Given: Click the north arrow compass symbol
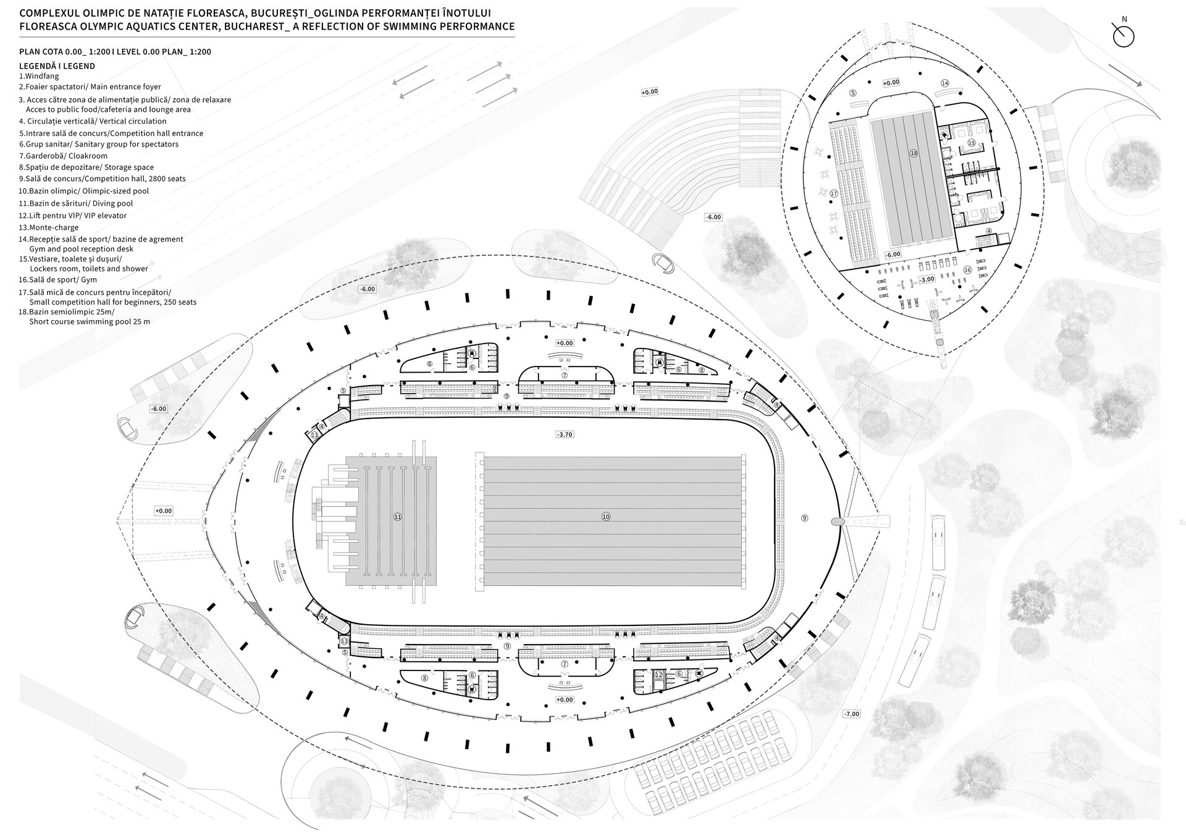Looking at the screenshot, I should pyautogui.click(x=1124, y=36).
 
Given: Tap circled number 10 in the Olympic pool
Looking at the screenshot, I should pyautogui.click(x=606, y=517).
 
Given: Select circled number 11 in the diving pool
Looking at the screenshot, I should pyautogui.click(x=398, y=517).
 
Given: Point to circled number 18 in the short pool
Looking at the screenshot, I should pyautogui.click(x=914, y=153).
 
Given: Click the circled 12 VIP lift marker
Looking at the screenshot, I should pyautogui.click(x=659, y=675).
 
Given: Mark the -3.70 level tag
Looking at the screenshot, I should pyautogui.click(x=565, y=435).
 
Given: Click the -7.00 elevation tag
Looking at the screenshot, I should pyautogui.click(x=851, y=714).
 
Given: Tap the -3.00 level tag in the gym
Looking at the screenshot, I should pyautogui.click(x=927, y=279).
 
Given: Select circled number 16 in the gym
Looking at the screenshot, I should pyautogui.click(x=967, y=270).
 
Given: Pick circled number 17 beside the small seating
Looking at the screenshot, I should pyautogui.click(x=834, y=193).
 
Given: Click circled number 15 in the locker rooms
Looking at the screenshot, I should pyautogui.click(x=971, y=143).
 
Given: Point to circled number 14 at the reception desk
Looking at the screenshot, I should pyautogui.click(x=944, y=83).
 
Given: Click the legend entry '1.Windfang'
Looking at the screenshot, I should pyautogui.click(x=39, y=76).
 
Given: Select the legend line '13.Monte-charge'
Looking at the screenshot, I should pyautogui.click(x=49, y=227).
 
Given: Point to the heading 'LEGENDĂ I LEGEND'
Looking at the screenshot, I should pyautogui.click(x=57, y=66).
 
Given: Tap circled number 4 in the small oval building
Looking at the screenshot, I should pyautogui.click(x=988, y=231).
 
